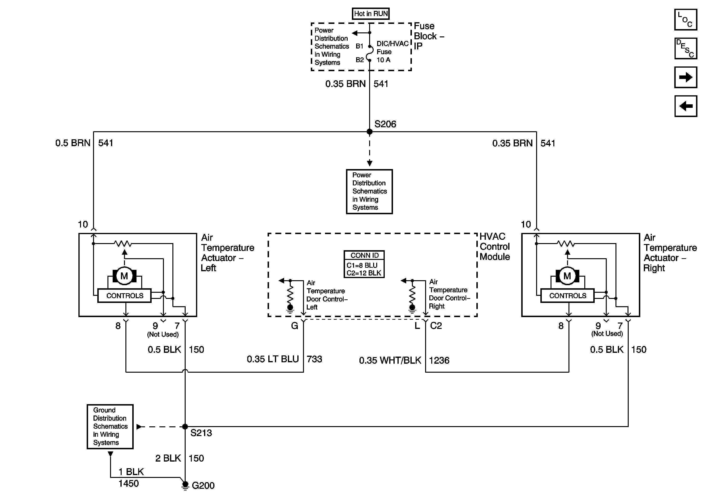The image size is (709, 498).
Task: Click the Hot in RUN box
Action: pyautogui.click(x=371, y=14)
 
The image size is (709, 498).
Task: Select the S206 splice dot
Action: pyautogui.click(x=369, y=132)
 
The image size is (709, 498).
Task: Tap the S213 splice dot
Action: pyautogui.click(x=185, y=427)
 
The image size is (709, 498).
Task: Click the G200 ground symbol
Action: pyautogui.click(x=185, y=485)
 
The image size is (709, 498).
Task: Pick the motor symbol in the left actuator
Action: pyautogui.click(x=124, y=276)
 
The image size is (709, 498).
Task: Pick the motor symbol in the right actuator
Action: pyautogui.click(x=567, y=276)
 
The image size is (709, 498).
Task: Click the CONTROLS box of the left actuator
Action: pyautogui.click(x=124, y=296)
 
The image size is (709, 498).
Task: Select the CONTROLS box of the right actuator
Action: pyautogui.click(x=567, y=296)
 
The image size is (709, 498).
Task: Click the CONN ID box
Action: pyautogui.click(x=364, y=264)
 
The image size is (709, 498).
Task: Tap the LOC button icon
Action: pyautogui.click(x=686, y=19)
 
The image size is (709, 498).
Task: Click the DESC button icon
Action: pyautogui.click(x=686, y=48)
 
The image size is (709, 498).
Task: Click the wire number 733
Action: pyautogui.click(x=314, y=359)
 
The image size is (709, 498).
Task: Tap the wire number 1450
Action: pyautogui.click(x=128, y=483)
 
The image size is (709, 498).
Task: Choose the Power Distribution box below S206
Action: pyautogui.click(x=369, y=191)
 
